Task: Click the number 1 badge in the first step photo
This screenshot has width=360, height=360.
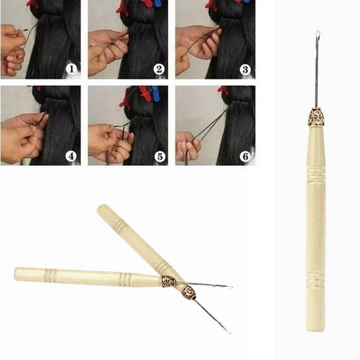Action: pos(71,69)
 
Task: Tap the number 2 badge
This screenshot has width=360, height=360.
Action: pos(159,69)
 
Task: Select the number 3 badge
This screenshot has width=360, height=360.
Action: pos(246,69)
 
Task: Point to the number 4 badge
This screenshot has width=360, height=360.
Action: pos(71,156)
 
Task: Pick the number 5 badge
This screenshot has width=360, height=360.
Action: pos(159,156)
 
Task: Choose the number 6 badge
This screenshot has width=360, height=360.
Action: pos(246,156)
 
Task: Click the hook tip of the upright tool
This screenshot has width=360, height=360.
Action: pos(318,34)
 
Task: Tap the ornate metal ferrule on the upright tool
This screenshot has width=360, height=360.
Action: pos(316,117)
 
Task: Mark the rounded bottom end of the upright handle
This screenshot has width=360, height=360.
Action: pos(316,326)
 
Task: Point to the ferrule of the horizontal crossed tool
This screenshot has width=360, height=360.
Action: pos(168,281)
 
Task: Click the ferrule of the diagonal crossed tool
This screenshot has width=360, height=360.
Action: pos(188,293)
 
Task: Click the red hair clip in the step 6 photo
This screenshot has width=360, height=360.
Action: pos(223,91)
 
